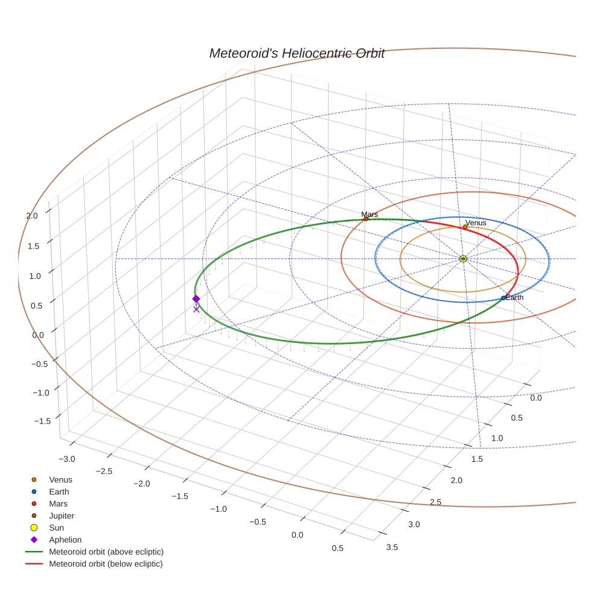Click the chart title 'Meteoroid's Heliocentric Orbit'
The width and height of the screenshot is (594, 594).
click(296, 53)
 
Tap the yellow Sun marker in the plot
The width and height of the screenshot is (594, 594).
click(463, 258)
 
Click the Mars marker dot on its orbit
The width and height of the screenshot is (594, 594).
click(366, 219)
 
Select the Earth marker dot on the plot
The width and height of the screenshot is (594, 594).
click(503, 298)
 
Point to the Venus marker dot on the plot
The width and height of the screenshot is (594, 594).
click(465, 227)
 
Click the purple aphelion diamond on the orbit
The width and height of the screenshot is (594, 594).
click(196, 299)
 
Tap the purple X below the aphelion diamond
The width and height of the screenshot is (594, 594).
click(196, 309)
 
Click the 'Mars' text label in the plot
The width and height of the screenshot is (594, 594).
click(369, 214)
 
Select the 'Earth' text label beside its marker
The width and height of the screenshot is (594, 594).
click(515, 298)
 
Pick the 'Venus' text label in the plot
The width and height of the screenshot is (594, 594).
click(476, 223)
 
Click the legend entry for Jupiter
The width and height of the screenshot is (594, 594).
click(62, 516)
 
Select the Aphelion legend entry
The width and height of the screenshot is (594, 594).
click(65, 540)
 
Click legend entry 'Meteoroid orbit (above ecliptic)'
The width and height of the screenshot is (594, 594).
click(106, 552)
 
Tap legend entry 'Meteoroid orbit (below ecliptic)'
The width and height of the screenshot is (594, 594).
click(106, 564)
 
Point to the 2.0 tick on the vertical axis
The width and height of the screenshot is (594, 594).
click(31, 216)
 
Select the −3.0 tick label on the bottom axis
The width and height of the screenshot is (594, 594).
click(66, 459)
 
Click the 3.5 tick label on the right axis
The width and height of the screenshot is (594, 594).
click(391, 547)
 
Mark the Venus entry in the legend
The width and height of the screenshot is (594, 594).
click(60, 479)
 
